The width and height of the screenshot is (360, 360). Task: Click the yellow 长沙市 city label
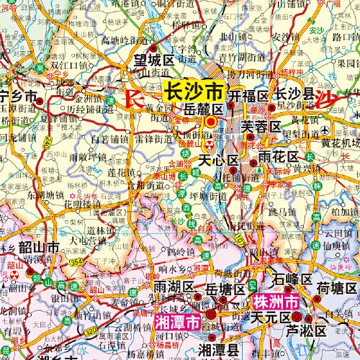point(195,92)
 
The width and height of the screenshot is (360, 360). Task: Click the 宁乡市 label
point(18,96)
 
